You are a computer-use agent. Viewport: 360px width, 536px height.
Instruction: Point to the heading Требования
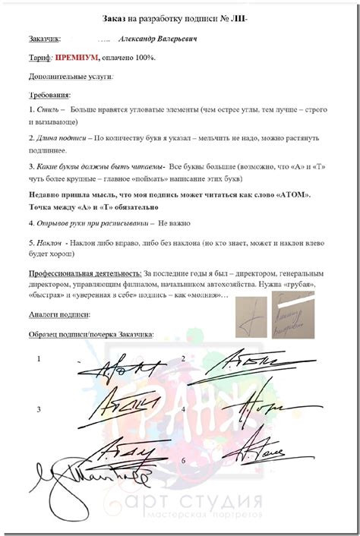49,95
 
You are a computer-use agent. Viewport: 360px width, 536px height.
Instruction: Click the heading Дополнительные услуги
70,76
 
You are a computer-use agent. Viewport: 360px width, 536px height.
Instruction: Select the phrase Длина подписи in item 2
59,139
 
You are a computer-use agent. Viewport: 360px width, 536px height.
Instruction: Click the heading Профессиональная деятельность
85,272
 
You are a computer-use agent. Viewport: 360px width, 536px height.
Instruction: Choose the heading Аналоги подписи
59,314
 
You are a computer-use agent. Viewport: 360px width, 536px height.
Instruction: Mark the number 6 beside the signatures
183,461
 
